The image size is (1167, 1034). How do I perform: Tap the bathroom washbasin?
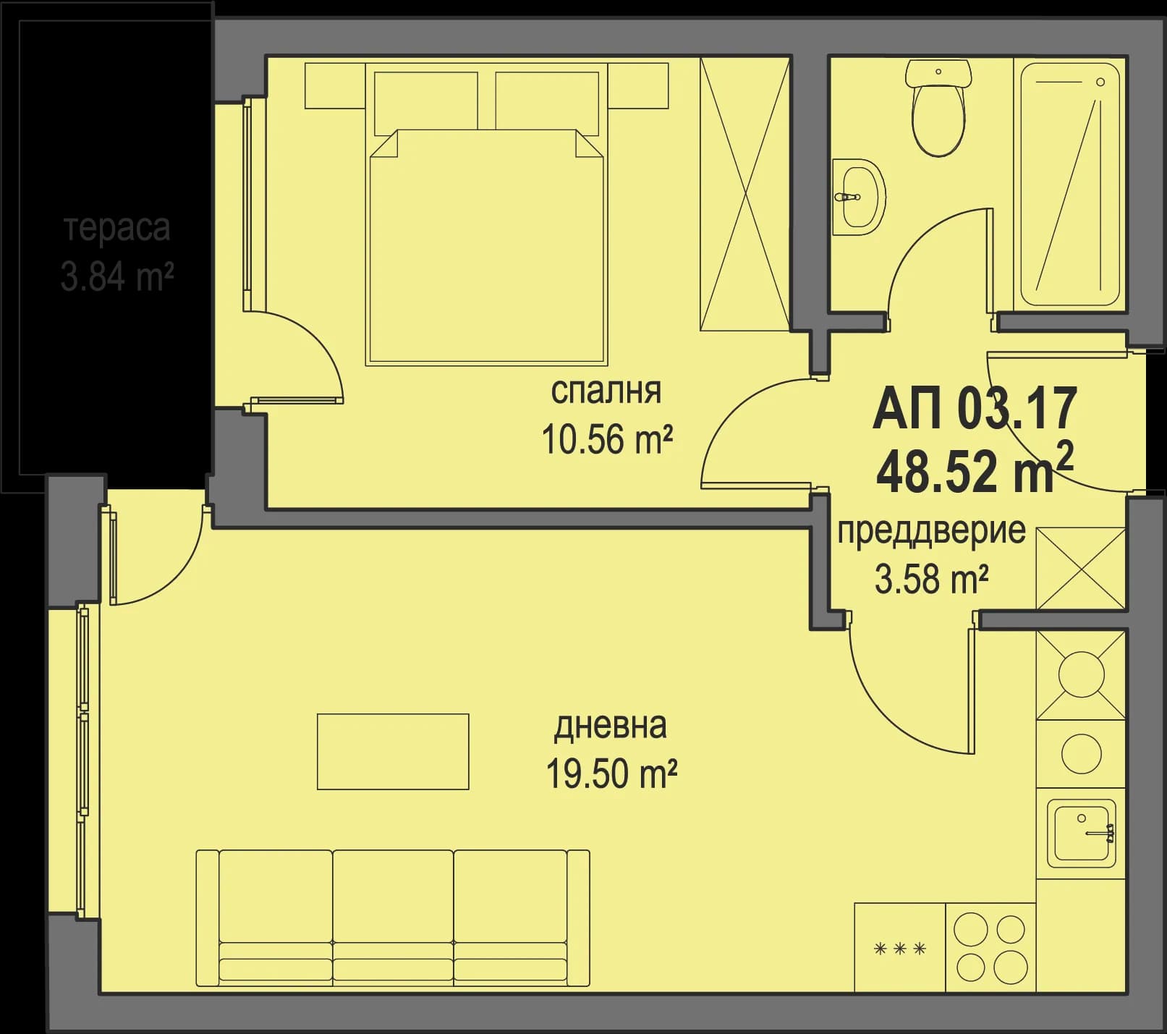pos(859,197)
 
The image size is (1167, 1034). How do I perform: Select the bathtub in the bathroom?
pos(1069,185)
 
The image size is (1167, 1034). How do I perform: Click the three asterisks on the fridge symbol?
pos(900,949)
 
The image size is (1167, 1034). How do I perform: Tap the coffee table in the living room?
pos(393,751)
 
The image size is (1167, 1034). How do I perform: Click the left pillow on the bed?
pos(426,103)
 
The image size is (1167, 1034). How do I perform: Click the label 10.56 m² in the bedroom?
pos(607,439)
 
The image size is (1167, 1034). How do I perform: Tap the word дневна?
pos(610,726)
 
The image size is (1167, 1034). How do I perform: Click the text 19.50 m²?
pos(611,775)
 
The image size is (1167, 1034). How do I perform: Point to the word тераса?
pos(118,228)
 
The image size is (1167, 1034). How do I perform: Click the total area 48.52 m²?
pos(975,471)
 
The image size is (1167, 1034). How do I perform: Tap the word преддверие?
pos(931,531)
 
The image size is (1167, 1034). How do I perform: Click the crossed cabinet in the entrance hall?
pos(1081,568)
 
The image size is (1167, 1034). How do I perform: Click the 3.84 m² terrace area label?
pos(116,277)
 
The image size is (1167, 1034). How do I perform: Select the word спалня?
pos(606,391)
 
